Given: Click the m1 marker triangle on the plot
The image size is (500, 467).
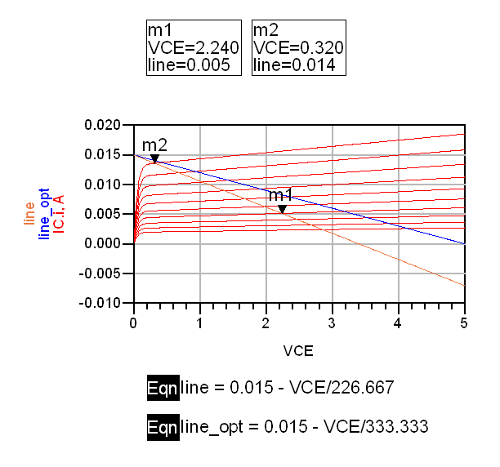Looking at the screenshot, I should pos(282,209).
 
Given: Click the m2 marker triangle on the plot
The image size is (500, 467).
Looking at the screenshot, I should pos(154,159).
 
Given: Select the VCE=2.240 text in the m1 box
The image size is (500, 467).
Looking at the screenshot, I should pos(193,48).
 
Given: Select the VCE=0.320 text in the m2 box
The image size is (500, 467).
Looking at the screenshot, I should pos(298,48).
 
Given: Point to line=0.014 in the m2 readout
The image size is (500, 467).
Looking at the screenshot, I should pos(294,65).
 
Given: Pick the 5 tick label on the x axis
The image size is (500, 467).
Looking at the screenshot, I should pos(464,322).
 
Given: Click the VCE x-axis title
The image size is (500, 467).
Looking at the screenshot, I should pos(298,351).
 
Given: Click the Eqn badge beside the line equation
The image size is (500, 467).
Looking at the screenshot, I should pos(162,387).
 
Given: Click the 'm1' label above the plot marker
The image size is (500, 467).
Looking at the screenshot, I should pos(281,195).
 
